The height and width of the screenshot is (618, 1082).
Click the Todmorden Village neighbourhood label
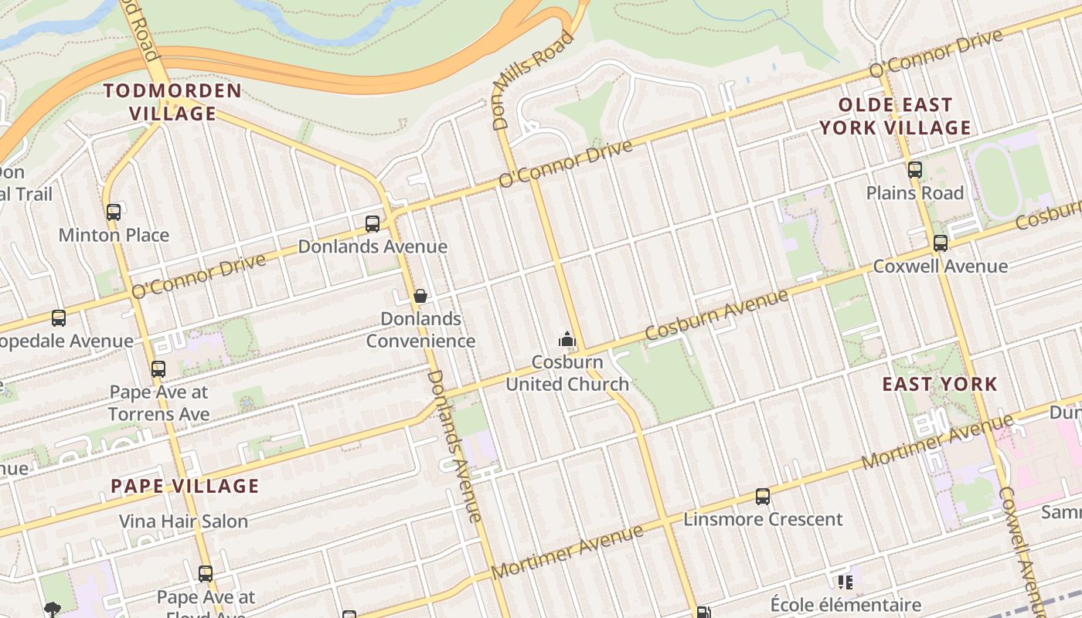(172, 102)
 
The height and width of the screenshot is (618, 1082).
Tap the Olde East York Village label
(895, 116)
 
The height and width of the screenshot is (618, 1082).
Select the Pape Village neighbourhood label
(185, 486)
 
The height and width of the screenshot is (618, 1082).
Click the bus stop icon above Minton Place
(114, 212)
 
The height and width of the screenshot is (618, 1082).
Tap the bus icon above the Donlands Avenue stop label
(373, 224)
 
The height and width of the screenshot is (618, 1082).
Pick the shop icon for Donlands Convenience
(420, 296)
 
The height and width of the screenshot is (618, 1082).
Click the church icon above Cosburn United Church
(567, 339)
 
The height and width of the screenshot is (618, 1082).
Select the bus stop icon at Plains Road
(915, 170)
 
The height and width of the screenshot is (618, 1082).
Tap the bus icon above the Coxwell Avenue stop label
(941, 243)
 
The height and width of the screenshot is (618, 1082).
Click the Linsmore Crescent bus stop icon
(763, 496)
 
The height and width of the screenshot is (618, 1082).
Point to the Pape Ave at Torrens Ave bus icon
(158, 369)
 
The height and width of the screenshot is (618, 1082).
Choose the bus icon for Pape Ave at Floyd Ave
(206, 574)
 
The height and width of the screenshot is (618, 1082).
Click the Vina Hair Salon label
(183, 521)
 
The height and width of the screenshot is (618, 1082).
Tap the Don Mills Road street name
(534, 80)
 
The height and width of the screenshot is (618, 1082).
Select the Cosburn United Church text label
(567, 373)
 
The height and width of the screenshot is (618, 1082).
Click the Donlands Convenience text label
(420, 330)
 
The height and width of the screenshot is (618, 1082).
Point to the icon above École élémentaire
(845, 582)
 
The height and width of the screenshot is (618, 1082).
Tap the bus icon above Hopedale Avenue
(59, 317)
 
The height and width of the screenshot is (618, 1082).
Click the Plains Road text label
(915, 193)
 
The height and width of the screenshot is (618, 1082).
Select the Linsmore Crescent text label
(763, 519)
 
